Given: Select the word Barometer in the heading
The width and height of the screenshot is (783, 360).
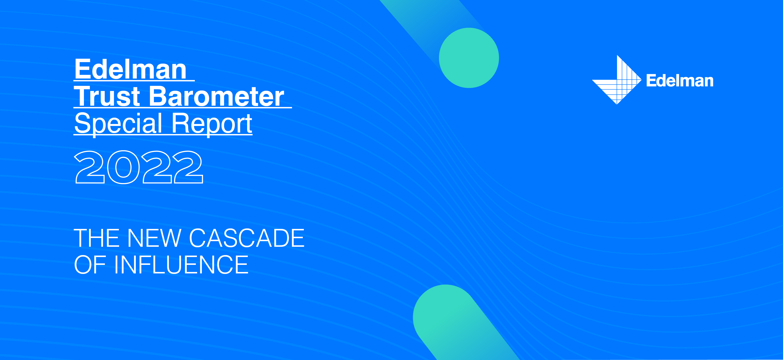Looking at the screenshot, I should [216, 96].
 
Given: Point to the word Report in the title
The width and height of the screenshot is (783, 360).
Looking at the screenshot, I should [212, 123].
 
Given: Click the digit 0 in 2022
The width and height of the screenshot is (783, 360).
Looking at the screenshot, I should [123, 167].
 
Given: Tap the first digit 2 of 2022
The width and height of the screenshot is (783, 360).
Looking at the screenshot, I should [90, 167].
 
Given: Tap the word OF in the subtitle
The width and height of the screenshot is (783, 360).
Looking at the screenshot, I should [90, 265].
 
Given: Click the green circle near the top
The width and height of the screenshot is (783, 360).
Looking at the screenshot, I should [469, 58].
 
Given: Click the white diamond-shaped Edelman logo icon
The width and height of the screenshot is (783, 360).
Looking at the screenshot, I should [617, 80].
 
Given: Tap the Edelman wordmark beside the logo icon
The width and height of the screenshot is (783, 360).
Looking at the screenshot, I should [680, 81].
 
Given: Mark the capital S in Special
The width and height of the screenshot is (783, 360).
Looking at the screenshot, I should [83, 123].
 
